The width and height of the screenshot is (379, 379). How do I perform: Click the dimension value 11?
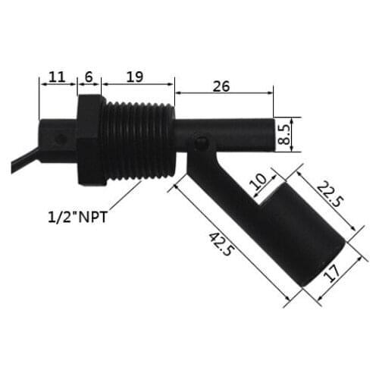click(x=56, y=77)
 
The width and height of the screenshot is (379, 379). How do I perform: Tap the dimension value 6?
click(x=89, y=77)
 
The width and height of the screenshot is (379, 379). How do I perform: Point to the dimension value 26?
click(x=221, y=86)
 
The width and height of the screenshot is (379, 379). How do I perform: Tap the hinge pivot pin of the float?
click(x=199, y=143)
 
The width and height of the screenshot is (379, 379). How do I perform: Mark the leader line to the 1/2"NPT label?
click(x=121, y=199)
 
